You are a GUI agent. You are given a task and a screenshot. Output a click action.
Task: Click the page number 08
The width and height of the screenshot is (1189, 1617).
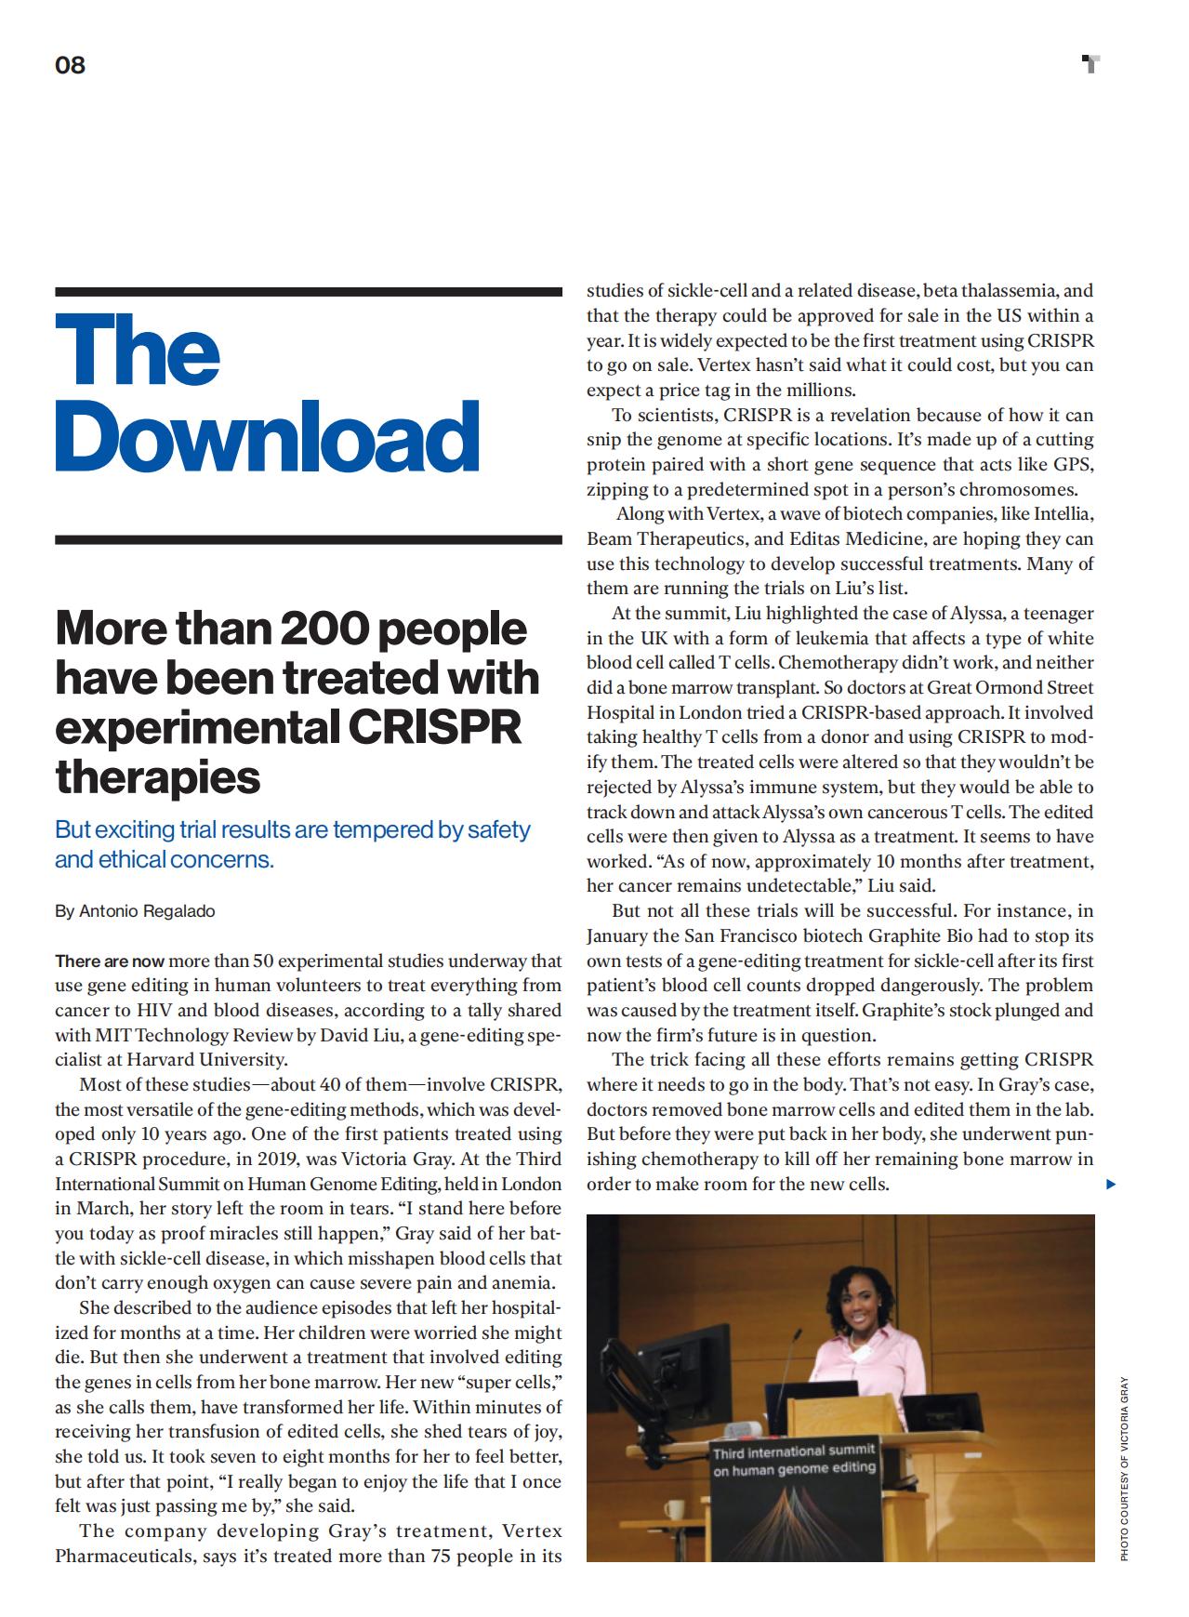click(x=70, y=65)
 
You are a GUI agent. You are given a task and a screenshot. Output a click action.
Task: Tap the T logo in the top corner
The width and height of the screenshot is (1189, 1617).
click(x=1091, y=64)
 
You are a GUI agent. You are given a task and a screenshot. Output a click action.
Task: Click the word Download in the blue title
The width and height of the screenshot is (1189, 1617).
click(x=267, y=438)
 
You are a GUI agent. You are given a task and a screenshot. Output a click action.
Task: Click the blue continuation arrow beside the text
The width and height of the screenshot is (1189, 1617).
click(x=1111, y=1185)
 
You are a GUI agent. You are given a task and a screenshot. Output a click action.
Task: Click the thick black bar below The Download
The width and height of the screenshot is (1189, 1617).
click(x=308, y=539)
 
